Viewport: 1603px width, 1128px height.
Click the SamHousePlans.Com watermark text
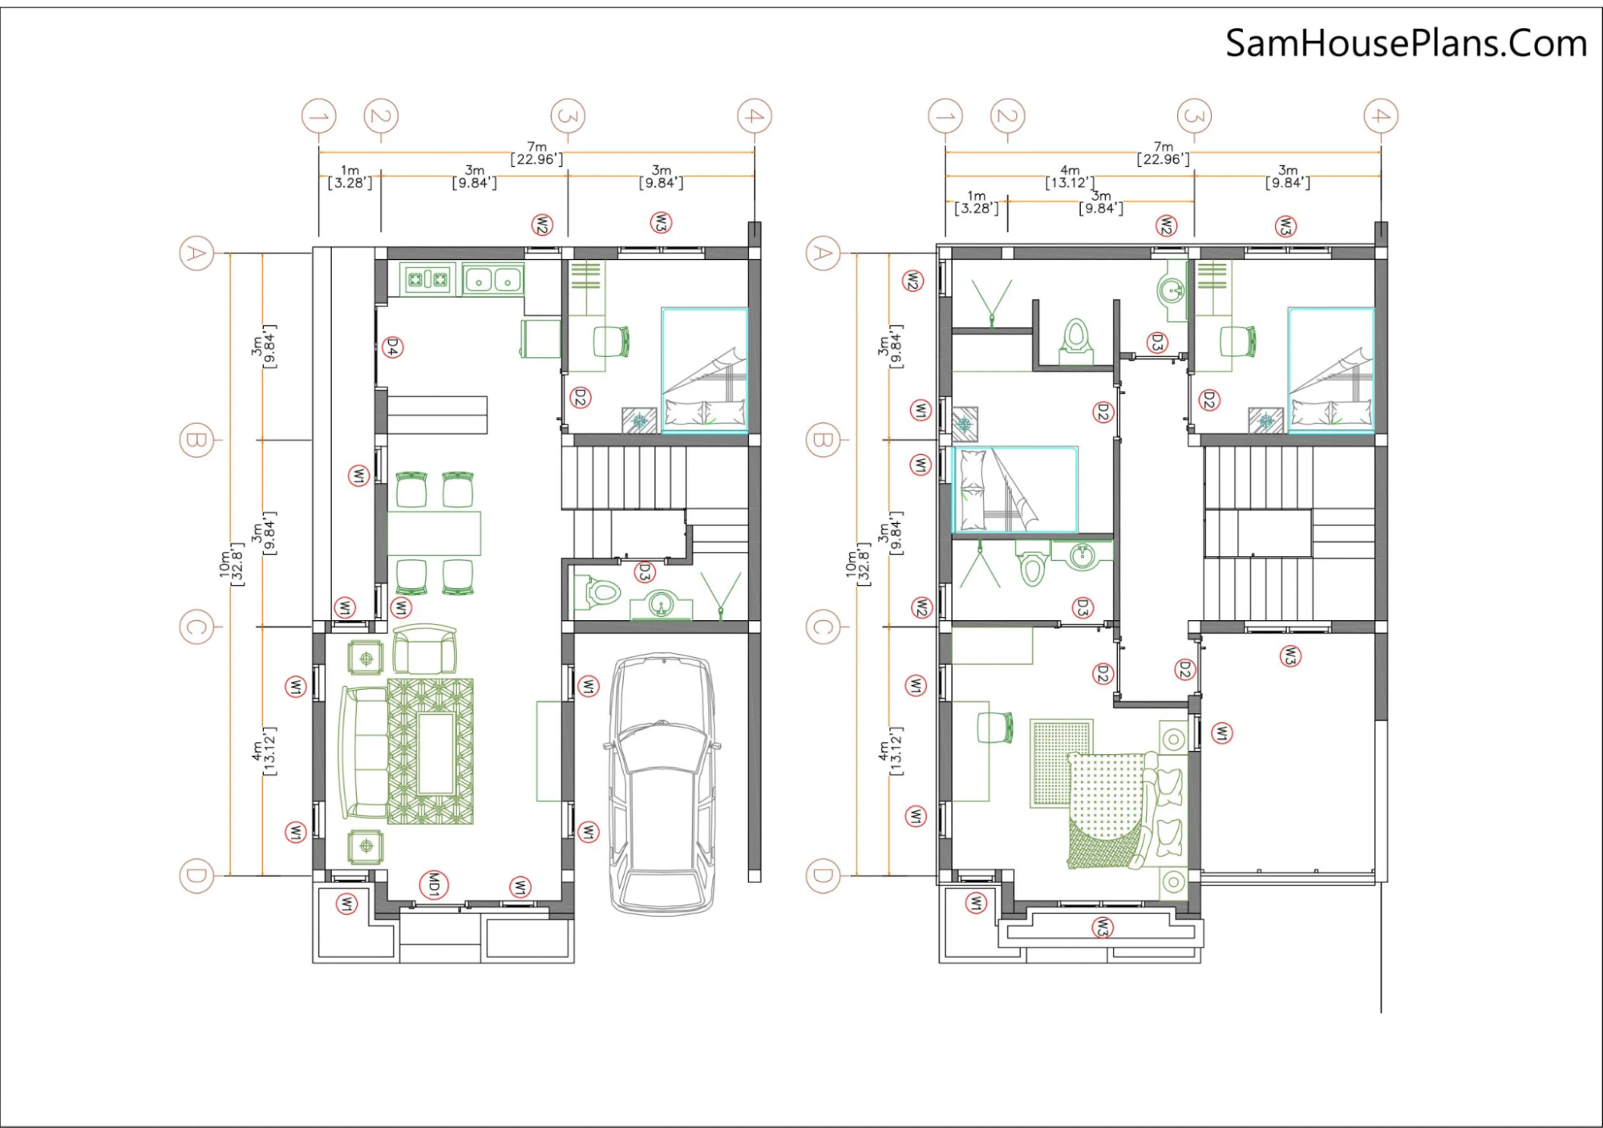click(x=1406, y=43)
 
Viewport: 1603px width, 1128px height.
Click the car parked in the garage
click(x=662, y=784)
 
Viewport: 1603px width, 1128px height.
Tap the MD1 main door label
click(x=434, y=885)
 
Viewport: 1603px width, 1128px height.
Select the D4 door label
click(x=392, y=347)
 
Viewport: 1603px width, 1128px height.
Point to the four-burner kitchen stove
click(x=428, y=279)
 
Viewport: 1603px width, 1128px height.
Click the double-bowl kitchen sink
click(x=492, y=280)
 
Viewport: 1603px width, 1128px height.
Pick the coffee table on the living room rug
click(x=436, y=753)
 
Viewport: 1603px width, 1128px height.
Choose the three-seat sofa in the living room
click(x=363, y=752)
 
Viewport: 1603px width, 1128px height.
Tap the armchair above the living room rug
click(x=425, y=649)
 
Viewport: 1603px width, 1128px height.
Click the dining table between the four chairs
click(x=434, y=534)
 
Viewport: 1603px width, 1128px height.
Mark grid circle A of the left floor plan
click(x=196, y=254)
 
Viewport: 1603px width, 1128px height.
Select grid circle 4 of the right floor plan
click(x=1381, y=116)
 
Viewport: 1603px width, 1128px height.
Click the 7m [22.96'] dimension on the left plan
click(x=536, y=153)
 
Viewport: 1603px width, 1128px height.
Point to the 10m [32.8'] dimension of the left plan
click(x=232, y=564)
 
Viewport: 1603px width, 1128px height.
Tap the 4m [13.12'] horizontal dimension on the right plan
click(x=1070, y=177)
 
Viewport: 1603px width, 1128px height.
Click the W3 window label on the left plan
click(x=661, y=222)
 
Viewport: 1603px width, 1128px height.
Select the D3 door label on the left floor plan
click(x=644, y=572)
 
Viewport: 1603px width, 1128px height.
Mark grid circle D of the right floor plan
click(x=822, y=875)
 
